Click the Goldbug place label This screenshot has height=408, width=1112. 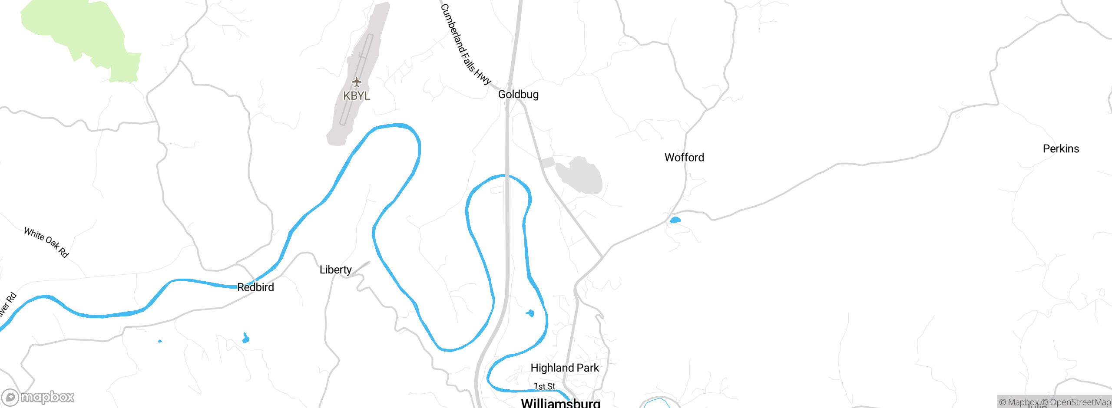(x=518, y=95)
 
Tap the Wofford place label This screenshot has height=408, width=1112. (x=684, y=158)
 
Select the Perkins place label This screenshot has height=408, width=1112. (x=1061, y=149)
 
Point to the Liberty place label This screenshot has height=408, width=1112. (x=335, y=270)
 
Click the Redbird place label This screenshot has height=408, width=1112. (x=255, y=287)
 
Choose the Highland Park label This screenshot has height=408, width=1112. (x=565, y=368)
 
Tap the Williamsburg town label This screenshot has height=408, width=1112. (x=560, y=403)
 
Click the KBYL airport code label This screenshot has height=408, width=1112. (x=357, y=96)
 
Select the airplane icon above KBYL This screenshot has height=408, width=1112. (x=357, y=82)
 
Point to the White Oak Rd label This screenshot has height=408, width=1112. (x=46, y=242)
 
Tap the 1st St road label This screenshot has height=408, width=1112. (x=544, y=386)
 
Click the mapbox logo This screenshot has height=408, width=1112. (x=38, y=397)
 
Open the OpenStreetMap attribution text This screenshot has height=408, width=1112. (x=1079, y=402)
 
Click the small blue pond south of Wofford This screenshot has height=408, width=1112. (x=675, y=220)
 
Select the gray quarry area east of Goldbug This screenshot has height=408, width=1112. (x=580, y=176)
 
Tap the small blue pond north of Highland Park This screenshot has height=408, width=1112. (x=530, y=313)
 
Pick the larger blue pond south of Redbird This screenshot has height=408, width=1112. (x=246, y=338)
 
